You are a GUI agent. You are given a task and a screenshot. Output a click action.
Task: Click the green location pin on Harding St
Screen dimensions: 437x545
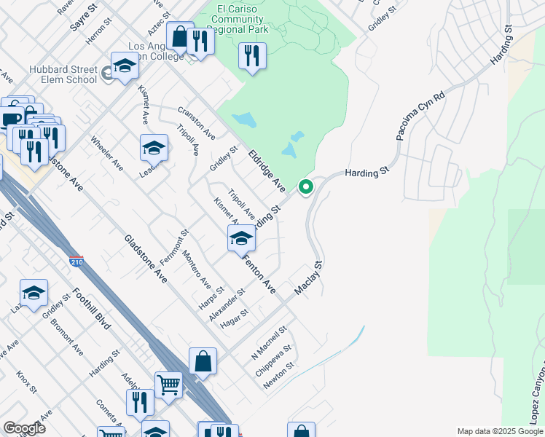point(307,187)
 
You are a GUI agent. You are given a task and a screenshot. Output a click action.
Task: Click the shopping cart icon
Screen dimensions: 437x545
point(168,384)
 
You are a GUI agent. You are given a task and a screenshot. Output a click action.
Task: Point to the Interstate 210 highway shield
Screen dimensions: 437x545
point(77,261)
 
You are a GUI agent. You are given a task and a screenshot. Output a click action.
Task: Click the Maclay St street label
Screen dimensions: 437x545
point(307,278)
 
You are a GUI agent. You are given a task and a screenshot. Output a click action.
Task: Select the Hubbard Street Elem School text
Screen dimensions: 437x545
point(63,74)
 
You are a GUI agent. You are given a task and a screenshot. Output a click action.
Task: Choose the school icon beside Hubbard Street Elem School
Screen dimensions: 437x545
point(125,66)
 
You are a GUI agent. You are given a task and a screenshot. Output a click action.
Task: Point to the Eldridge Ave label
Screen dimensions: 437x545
point(266,172)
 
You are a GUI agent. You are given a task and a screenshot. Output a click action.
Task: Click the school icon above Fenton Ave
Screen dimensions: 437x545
point(241,237)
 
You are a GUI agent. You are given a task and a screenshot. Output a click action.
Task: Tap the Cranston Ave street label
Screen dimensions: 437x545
point(195,123)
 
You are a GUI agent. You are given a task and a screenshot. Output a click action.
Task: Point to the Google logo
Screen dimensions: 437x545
point(24,428)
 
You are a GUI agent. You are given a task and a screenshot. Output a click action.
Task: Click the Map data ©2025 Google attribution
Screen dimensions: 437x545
point(499,431)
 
